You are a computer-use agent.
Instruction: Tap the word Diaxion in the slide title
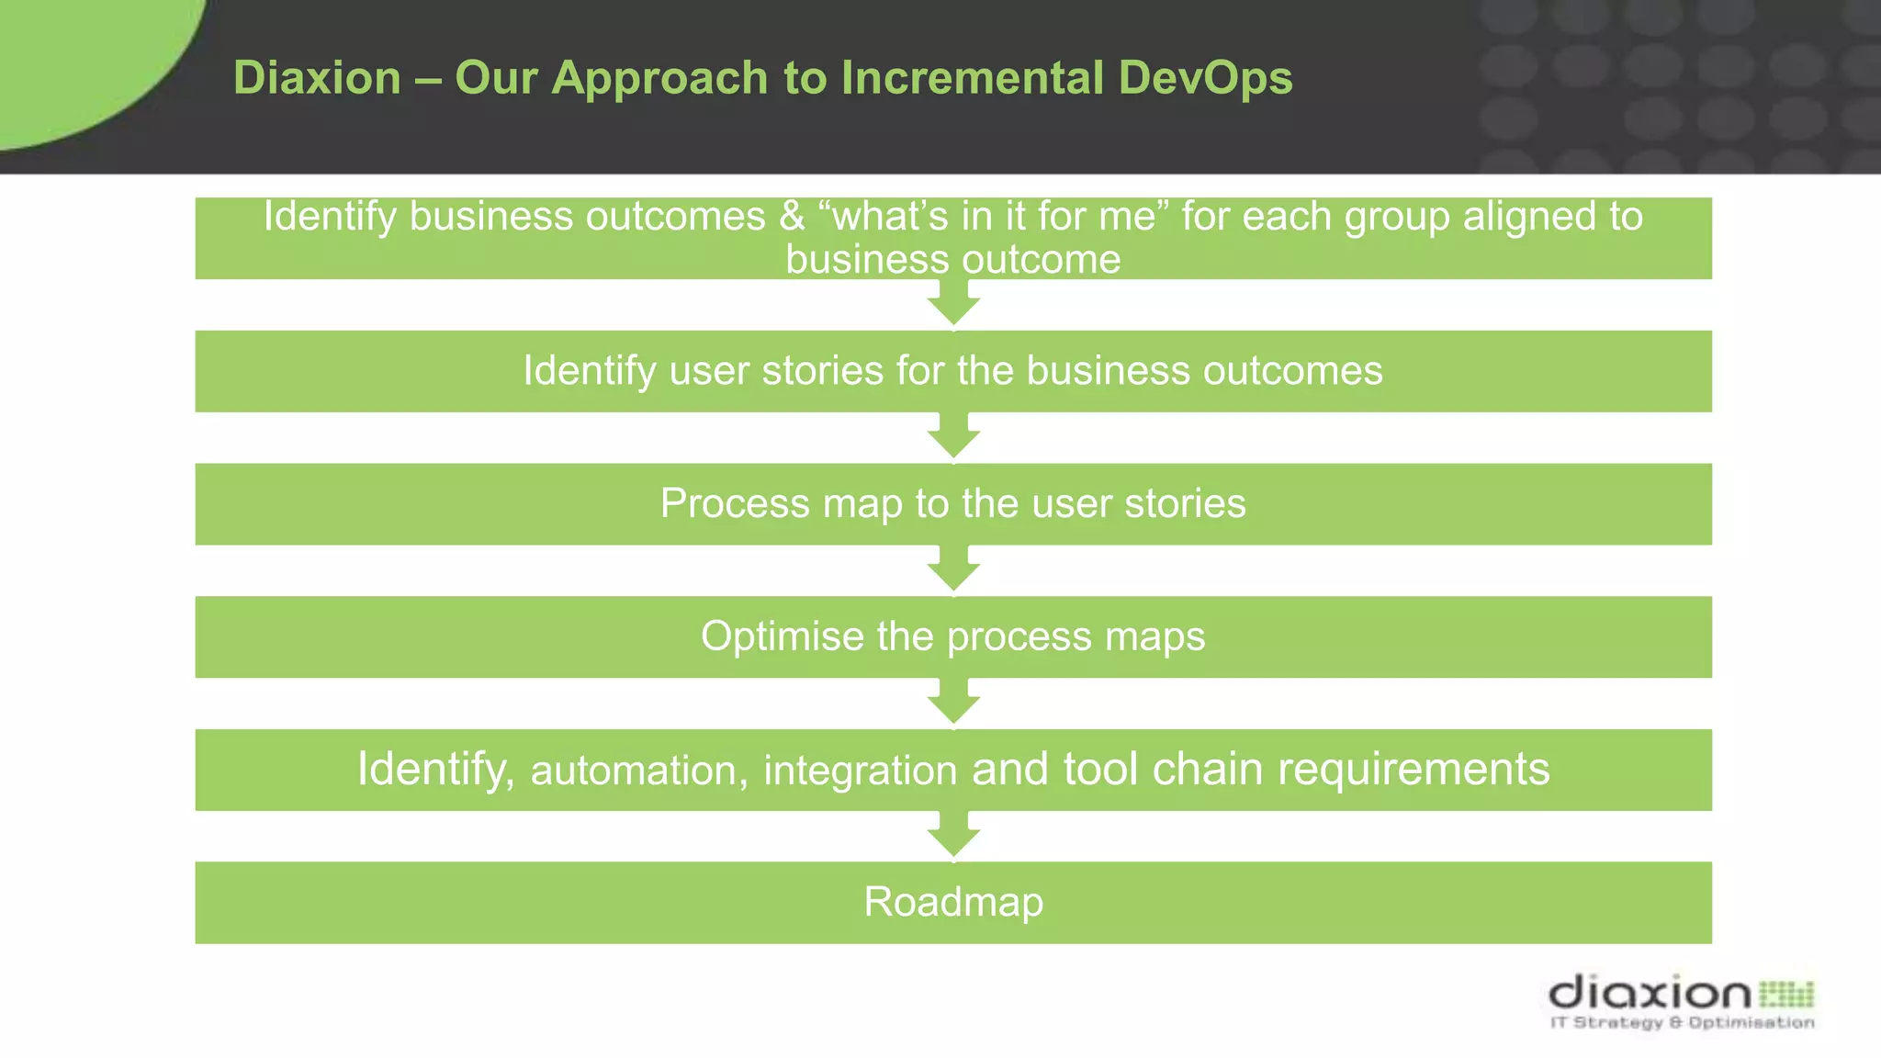point(317,77)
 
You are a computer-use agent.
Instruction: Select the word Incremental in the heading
point(972,77)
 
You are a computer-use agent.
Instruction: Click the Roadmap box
point(953,902)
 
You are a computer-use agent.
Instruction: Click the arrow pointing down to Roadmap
point(953,836)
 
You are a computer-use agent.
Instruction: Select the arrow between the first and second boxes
point(953,304)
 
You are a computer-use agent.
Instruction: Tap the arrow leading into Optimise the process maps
point(953,570)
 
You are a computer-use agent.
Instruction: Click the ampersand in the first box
point(792,217)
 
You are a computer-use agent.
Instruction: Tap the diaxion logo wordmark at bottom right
point(1650,993)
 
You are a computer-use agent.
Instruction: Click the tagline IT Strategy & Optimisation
point(1682,1022)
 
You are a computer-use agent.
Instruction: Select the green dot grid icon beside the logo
point(1786,994)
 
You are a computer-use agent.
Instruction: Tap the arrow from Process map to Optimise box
point(953,570)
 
